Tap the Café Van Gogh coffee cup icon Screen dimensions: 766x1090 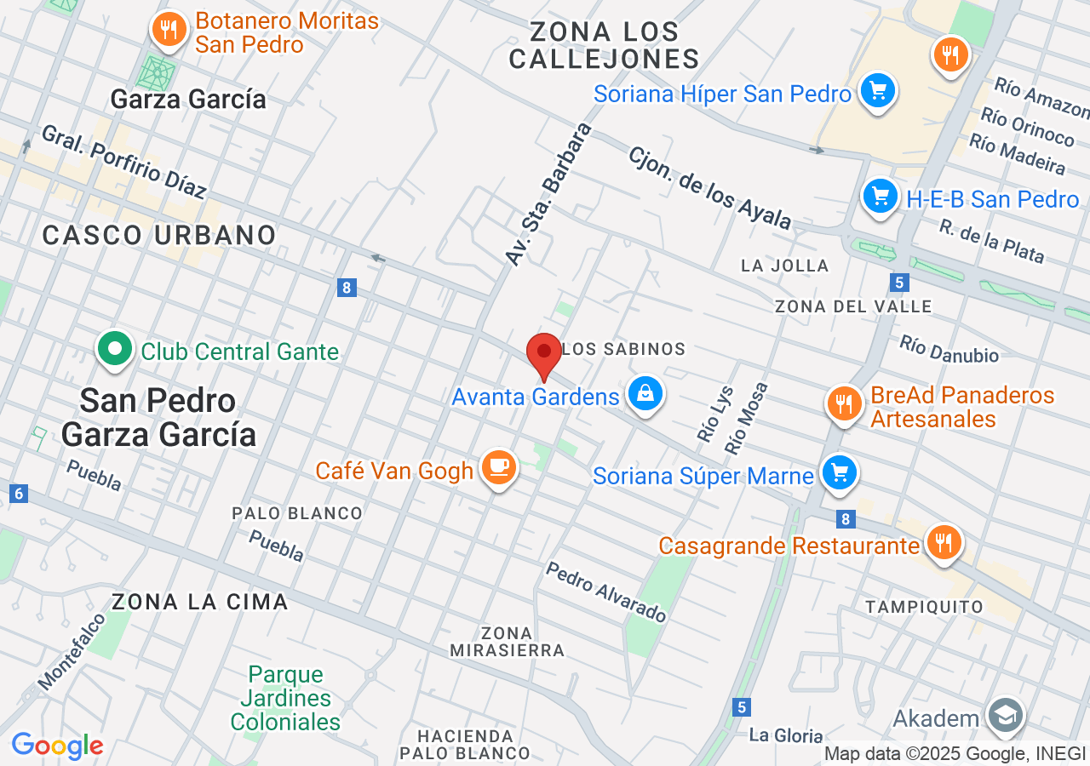pos(499,467)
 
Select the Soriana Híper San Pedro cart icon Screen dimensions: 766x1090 pos(877,90)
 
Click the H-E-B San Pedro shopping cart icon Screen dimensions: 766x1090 pos(881,197)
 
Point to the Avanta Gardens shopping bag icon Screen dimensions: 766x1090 pos(645,393)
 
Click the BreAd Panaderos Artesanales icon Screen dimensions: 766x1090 pos(844,403)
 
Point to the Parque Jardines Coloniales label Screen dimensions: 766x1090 pos(286,699)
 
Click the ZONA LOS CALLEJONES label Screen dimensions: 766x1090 pos(604,45)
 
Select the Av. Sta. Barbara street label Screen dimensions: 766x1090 pos(549,193)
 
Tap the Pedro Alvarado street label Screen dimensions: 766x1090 pos(606,592)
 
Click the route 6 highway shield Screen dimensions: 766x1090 pos(19,493)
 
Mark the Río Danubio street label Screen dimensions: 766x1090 pos(949,349)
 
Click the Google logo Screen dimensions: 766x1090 pos(58,746)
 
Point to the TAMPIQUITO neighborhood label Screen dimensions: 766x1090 pos(924,607)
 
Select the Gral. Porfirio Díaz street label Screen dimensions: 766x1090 pos(123,162)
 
